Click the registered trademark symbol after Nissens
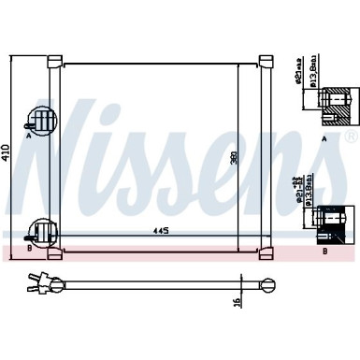coord(351,137)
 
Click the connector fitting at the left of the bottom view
coord(41,280)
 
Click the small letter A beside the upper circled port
coord(29,136)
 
